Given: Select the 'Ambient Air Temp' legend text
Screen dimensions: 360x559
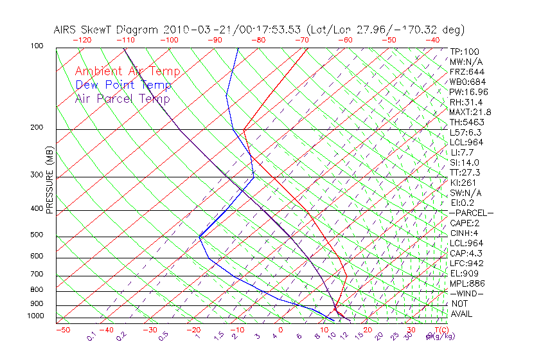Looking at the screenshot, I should coord(127,71).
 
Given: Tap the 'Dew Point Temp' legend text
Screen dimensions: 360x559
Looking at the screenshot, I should coord(123,85).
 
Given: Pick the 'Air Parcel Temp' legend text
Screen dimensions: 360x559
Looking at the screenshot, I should coord(122,98).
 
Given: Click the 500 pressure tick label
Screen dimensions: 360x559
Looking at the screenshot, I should coord(37,235).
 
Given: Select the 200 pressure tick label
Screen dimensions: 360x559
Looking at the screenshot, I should coord(37,127).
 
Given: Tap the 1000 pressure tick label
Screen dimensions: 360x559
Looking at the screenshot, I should coord(35,316).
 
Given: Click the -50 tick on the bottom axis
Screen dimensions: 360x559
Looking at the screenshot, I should coord(62,330).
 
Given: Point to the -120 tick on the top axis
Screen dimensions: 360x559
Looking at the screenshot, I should coord(82,40).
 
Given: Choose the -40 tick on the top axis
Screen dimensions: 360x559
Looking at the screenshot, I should coord(432,40).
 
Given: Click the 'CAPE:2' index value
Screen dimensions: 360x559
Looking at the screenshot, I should coord(465,222).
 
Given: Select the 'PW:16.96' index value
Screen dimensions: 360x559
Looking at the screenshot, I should coord(468,91).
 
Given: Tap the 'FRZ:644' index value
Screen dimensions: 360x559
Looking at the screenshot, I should coord(467,71).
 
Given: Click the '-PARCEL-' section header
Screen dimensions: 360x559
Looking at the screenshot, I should coord(471,212).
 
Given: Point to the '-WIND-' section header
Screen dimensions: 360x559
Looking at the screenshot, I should coord(466,293).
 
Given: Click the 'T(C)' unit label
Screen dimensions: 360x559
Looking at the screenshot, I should coord(438,330).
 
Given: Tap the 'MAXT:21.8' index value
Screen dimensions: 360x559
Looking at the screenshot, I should coord(471,112).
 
